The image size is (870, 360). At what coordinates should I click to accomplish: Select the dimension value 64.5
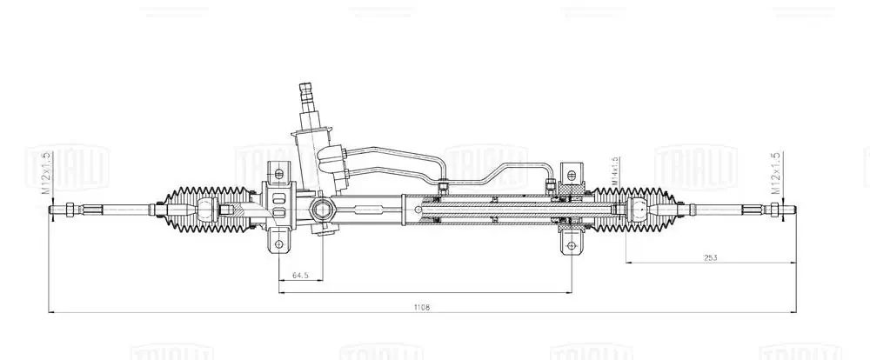(x=300, y=275)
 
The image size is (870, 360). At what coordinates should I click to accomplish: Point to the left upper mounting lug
(x=278, y=170)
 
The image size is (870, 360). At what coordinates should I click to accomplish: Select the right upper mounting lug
(x=571, y=170)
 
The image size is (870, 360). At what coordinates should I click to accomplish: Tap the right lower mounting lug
(x=571, y=241)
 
